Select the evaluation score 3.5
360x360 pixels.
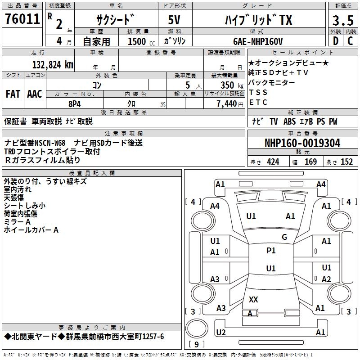[342, 21]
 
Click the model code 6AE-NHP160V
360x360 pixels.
[258, 41]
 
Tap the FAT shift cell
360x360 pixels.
[13, 94]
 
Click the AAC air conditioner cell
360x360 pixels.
[35, 94]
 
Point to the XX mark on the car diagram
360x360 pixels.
[253, 299]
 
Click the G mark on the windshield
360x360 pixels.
[284, 237]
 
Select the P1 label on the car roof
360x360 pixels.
[271, 251]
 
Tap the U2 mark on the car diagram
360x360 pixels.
[221, 332]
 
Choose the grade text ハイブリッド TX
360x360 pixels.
[258, 20]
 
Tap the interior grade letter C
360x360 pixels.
[351, 41]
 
